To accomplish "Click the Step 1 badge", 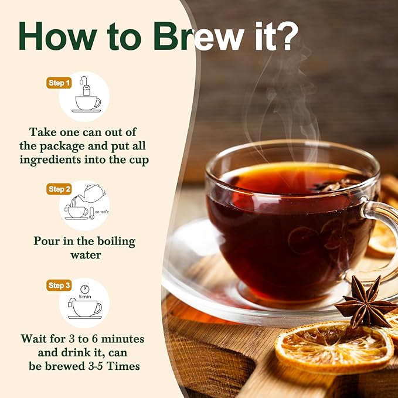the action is (59, 83).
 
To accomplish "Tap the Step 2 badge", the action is (59, 189).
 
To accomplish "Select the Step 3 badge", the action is (59, 285).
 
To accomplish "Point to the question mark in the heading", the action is (287, 36).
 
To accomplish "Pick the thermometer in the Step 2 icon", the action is (91, 213).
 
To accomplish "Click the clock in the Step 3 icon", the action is (85, 289).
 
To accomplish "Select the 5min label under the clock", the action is (85, 297).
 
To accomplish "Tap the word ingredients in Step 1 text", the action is (50, 160).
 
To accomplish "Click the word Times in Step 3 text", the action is (123, 366).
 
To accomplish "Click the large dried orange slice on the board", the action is (334, 347).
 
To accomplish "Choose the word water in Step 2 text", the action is (86, 255).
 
